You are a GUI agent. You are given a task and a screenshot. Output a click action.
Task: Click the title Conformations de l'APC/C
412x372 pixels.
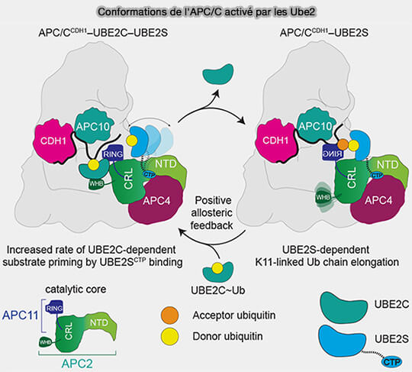point(206,11)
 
